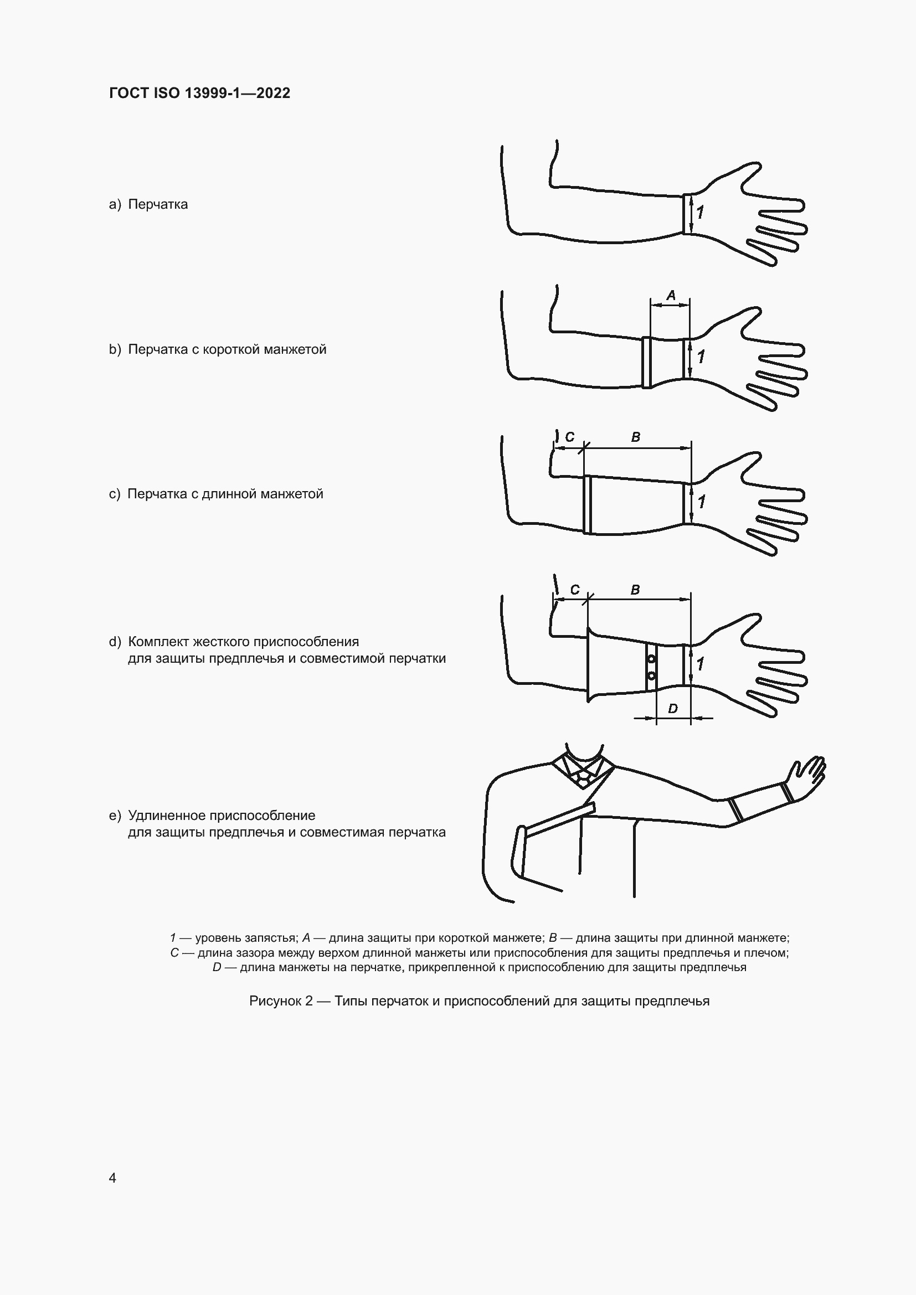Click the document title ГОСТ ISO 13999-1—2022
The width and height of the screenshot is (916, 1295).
point(200,93)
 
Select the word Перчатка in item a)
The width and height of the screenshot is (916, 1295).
point(158,204)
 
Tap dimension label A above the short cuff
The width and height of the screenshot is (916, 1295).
point(671,295)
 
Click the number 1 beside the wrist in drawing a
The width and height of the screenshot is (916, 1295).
point(700,213)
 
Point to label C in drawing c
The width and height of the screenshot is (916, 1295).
point(570,437)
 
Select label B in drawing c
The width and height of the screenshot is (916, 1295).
point(635,437)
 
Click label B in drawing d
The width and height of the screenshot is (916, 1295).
point(635,590)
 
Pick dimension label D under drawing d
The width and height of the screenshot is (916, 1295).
point(672,709)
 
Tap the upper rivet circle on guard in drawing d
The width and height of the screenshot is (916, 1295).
point(651,658)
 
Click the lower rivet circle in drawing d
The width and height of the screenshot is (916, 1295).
point(651,675)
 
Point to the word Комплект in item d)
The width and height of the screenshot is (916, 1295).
point(158,642)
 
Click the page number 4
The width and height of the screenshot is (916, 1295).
point(112,1178)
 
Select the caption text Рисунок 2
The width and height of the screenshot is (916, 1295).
point(281,1001)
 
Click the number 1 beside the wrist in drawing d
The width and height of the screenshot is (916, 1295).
point(700,664)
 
